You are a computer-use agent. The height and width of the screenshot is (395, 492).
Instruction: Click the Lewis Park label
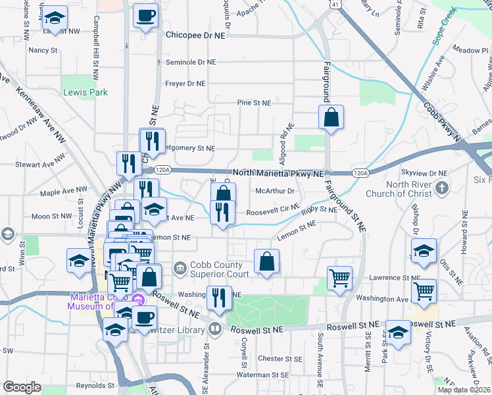pos(86,93)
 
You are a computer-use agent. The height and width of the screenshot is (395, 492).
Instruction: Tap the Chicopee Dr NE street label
pos(195,35)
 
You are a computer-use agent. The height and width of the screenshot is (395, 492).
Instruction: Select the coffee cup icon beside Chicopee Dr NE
pos(145,15)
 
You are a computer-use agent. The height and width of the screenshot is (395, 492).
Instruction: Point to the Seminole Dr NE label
pos(190,63)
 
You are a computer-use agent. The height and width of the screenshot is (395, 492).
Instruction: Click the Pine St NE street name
pos(254,103)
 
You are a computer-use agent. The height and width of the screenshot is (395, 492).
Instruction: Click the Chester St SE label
pos(280,359)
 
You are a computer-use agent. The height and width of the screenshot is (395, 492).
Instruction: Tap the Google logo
pos(22,387)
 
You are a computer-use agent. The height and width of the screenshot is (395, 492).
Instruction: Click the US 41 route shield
pos(335,4)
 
